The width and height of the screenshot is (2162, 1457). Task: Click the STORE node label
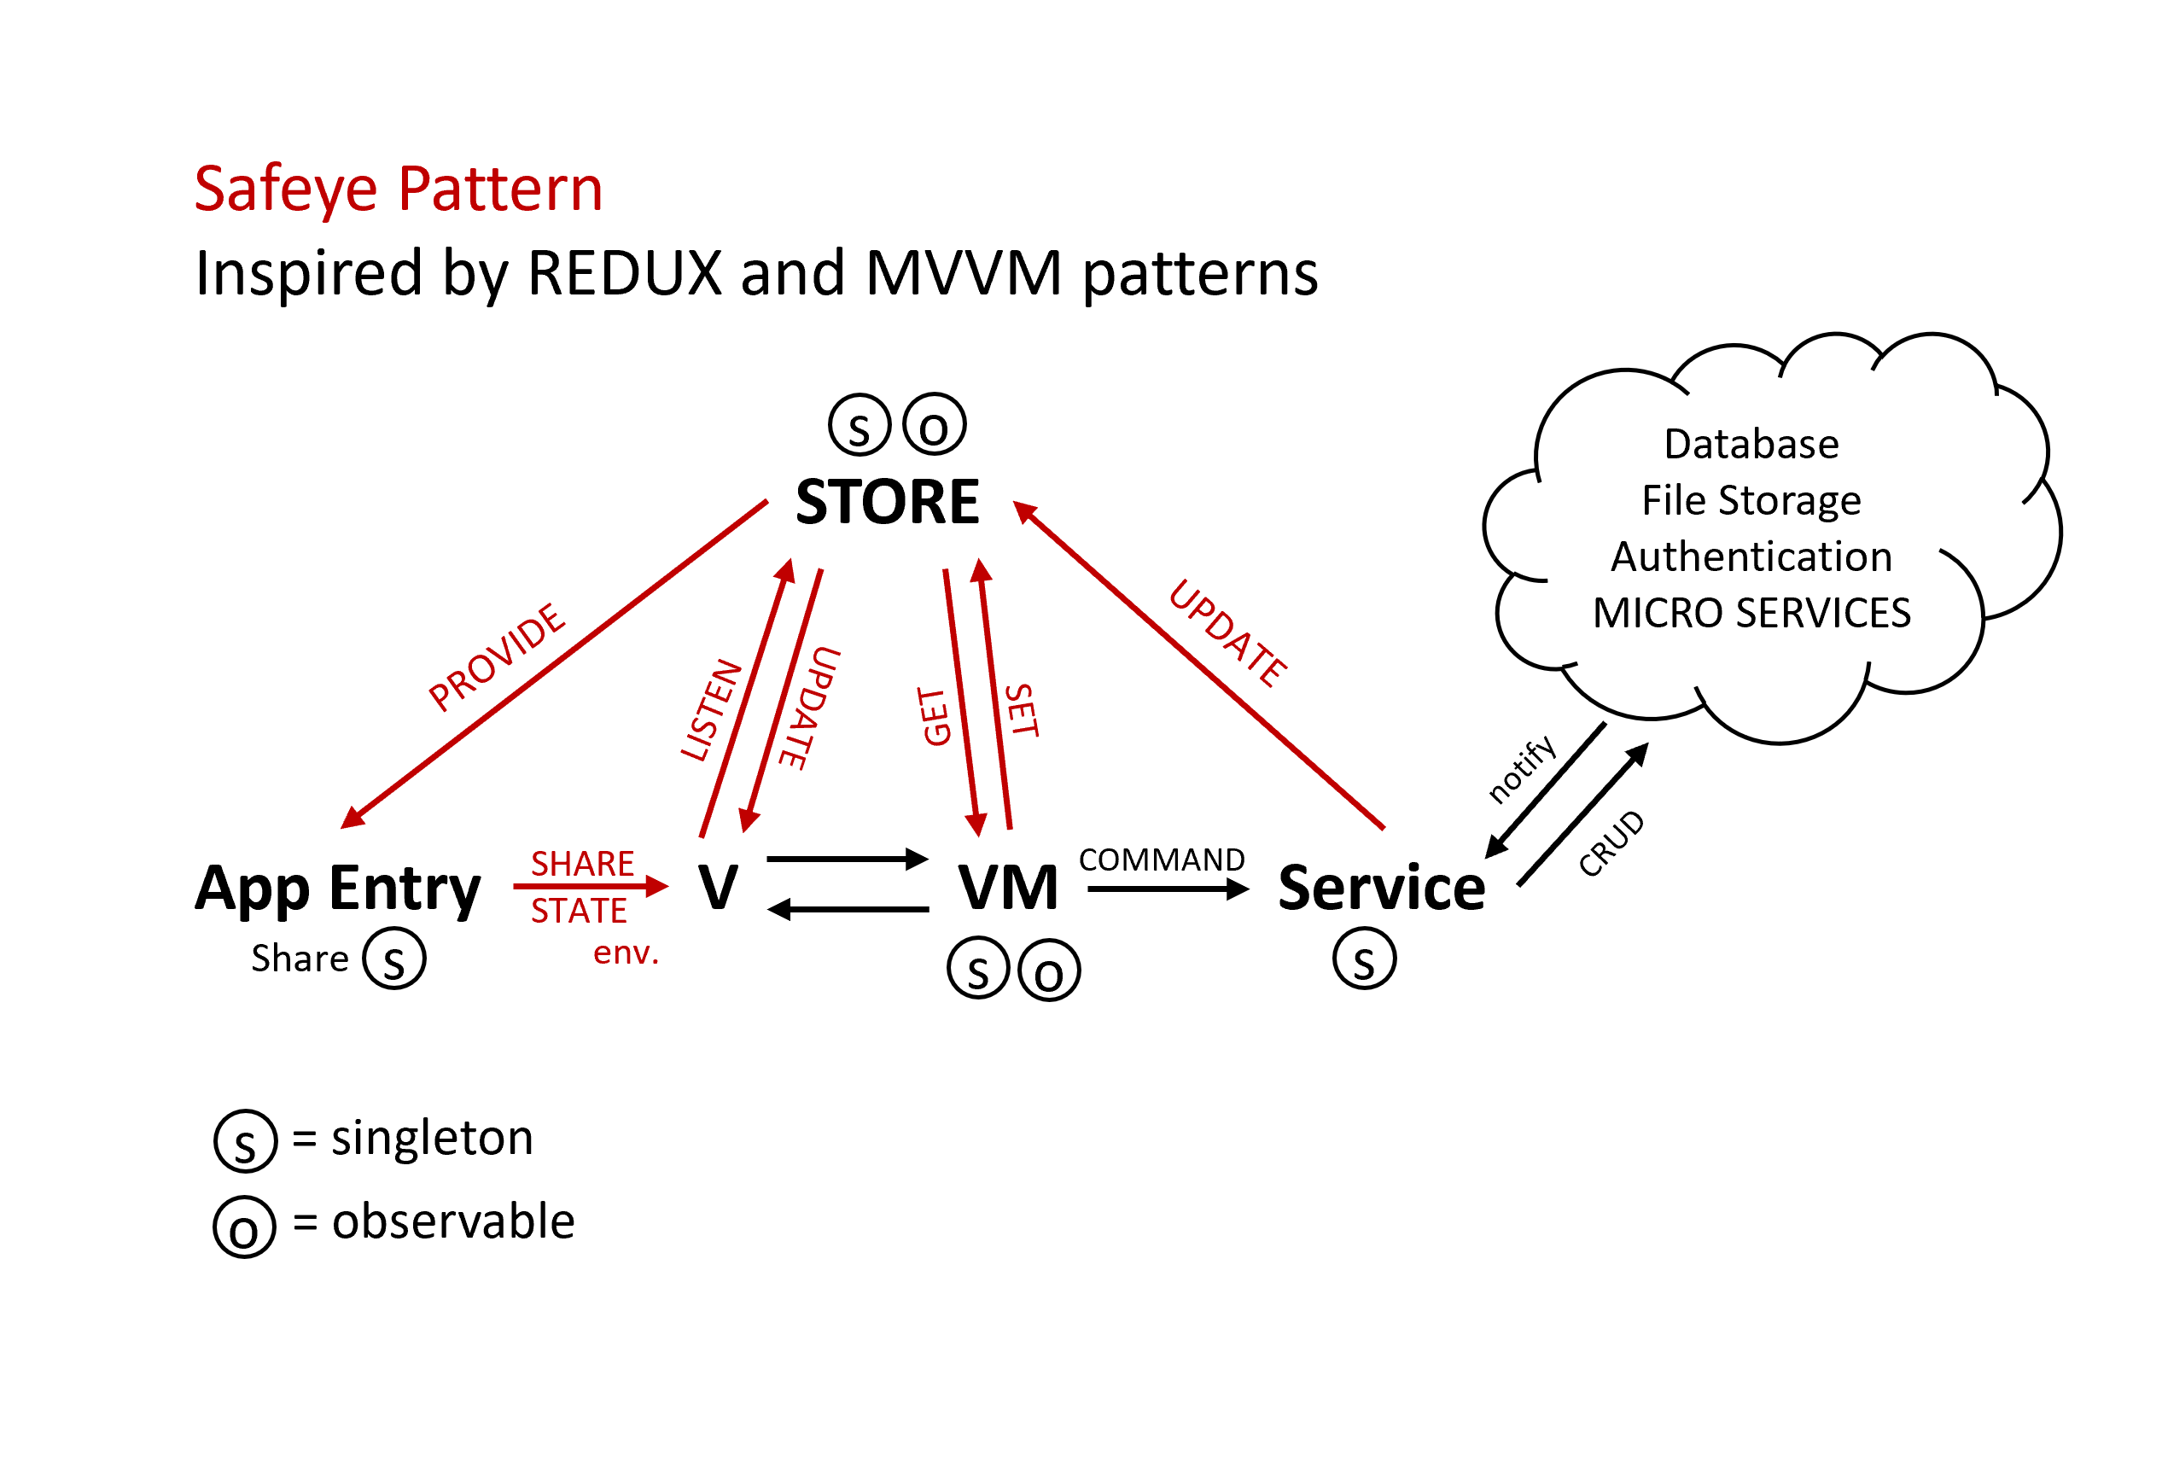888,502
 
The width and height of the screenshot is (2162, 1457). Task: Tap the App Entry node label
337,889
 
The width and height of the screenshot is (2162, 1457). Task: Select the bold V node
718,888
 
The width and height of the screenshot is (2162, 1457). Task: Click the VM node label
1008,888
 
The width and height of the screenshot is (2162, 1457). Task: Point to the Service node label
1382,888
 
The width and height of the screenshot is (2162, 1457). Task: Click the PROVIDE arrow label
497,657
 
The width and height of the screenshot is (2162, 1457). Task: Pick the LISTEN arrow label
712,711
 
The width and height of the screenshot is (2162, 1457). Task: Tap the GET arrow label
935,716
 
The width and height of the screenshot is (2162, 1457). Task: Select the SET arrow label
1021,711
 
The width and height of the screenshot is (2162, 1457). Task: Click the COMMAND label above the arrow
1162,860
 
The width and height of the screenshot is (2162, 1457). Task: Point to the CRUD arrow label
1611,843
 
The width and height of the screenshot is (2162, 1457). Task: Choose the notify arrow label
1521,768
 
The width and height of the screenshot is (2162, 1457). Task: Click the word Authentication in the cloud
1751,557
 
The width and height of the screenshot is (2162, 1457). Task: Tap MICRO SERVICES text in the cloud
1751,614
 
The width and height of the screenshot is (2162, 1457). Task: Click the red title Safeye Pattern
399,189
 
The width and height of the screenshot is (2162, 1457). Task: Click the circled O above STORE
934,425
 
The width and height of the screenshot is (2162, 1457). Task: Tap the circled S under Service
1364,959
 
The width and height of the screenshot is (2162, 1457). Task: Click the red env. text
626,953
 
